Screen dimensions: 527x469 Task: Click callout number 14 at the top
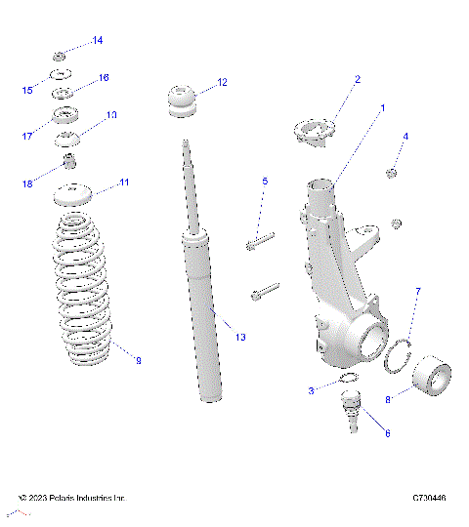97,40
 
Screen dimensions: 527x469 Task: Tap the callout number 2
357,79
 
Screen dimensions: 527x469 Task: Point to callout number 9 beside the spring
138,361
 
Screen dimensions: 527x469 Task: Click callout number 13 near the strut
240,337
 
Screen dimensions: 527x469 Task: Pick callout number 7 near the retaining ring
417,292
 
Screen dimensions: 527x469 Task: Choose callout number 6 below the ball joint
386,432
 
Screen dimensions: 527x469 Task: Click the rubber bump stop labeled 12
182,102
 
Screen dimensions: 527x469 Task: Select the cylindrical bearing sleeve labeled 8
430,379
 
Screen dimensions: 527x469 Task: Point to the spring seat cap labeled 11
69,194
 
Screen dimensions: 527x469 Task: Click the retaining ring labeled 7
397,358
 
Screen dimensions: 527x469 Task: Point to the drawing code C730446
429,498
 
